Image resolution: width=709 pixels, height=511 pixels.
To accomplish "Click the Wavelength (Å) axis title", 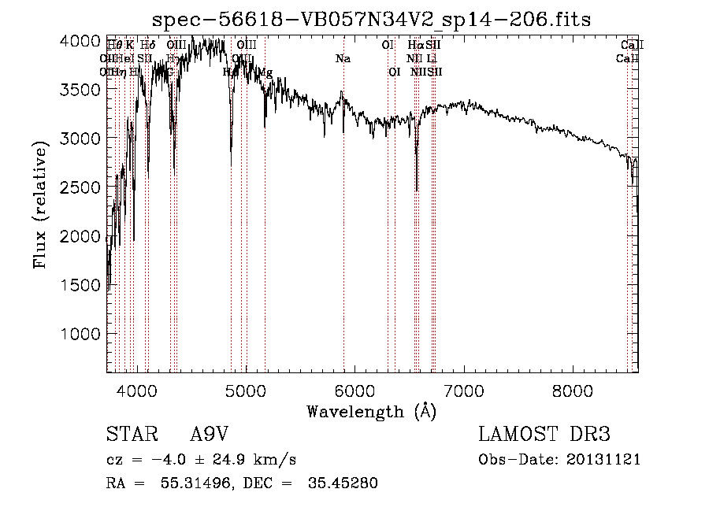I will click(371, 411).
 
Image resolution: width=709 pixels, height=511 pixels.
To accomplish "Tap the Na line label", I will click(343, 59).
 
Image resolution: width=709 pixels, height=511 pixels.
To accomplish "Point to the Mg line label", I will click(265, 72).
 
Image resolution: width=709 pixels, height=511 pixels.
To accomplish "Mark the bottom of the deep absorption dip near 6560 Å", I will click(417, 190).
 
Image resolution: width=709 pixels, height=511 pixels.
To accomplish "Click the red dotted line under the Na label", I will click(343, 236).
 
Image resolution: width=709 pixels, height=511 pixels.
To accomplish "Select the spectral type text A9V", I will click(210, 435).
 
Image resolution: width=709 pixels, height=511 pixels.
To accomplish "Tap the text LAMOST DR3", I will click(544, 435).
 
